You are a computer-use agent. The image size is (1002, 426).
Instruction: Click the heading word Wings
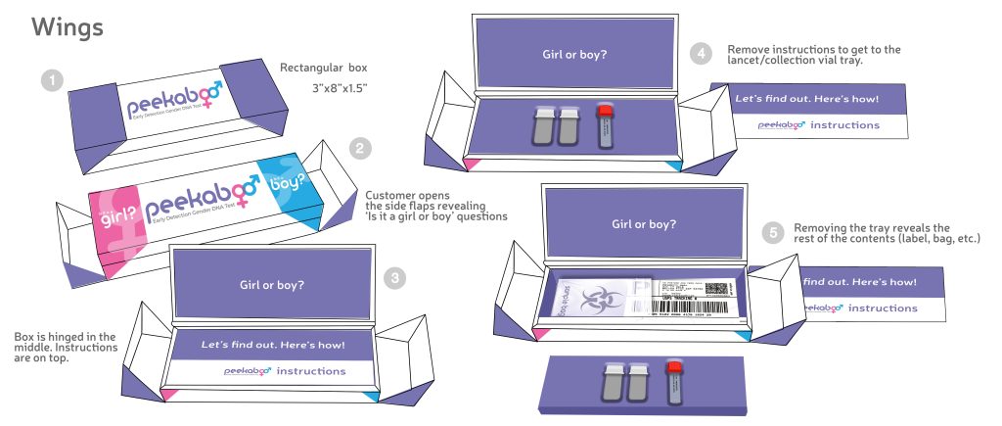[68, 27]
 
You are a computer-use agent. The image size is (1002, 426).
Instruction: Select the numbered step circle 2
[360, 149]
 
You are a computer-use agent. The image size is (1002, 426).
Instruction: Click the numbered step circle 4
[700, 54]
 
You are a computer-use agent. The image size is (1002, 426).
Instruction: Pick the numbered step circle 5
[774, 232]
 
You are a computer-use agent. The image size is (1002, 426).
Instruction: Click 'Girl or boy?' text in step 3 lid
[272, 286]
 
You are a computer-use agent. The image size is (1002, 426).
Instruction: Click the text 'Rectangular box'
[325, 69]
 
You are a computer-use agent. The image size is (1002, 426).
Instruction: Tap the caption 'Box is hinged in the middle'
[67, 343]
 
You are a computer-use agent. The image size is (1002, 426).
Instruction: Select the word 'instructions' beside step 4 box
[841, 125]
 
